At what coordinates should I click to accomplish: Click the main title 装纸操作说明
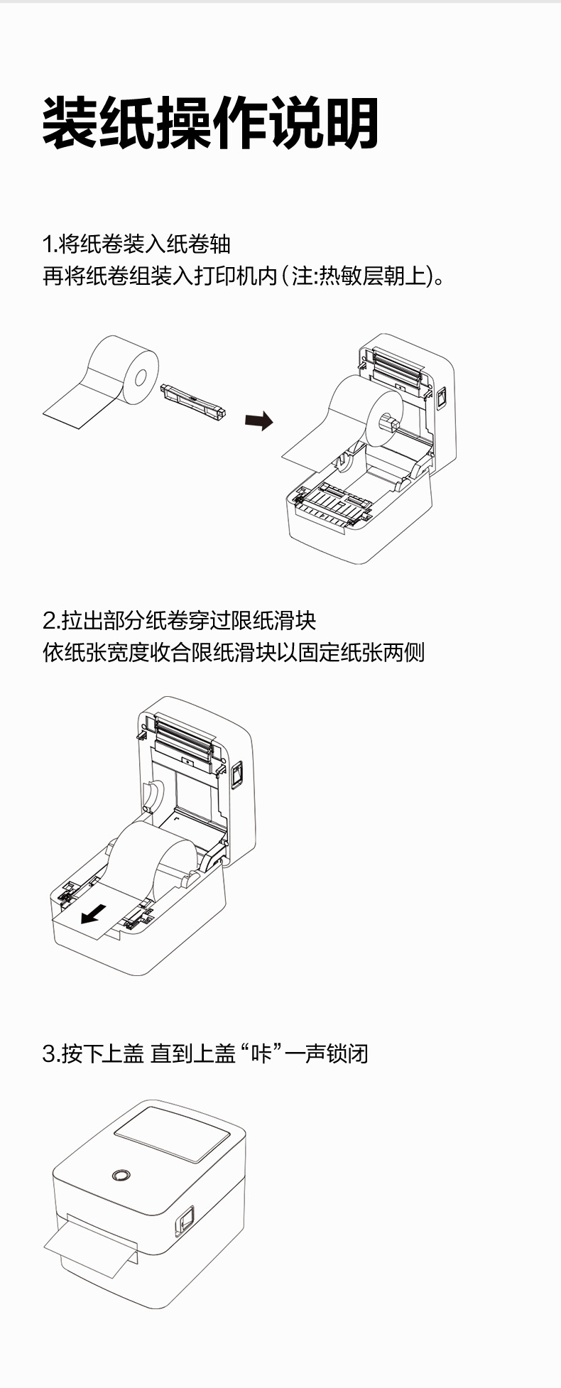210,124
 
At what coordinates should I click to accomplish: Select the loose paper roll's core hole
141,376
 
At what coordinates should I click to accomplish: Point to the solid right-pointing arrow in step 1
258,421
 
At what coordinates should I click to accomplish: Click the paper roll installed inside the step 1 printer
366,412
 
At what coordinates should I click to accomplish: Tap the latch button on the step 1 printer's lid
440,398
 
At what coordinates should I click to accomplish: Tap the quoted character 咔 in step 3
262,1053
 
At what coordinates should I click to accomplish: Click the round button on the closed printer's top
121,1175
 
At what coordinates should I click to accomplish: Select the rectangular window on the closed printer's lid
173,1135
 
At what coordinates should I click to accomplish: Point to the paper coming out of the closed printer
89,1247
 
